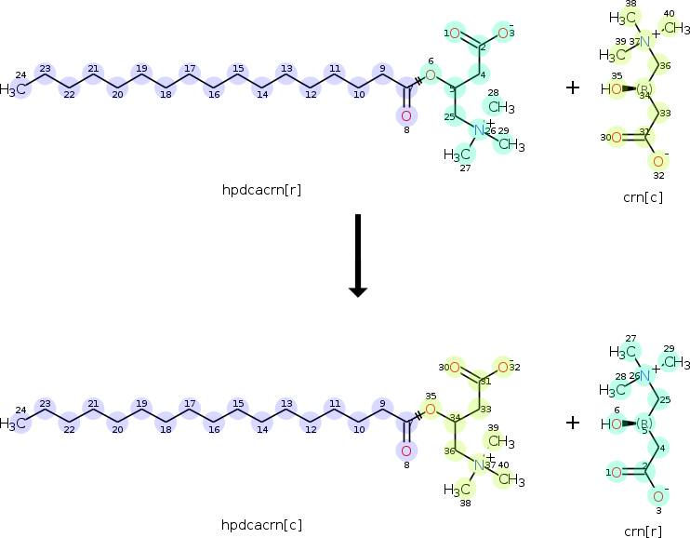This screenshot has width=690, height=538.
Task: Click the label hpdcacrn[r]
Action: click(260, 190)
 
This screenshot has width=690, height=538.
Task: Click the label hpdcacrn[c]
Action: click(260, 525)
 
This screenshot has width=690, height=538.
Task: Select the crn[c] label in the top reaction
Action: click(643, 196)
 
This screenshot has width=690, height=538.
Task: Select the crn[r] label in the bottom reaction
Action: click(643, 531)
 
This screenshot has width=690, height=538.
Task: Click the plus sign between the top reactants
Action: click(573, 87)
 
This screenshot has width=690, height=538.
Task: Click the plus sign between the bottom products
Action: click(573, 423)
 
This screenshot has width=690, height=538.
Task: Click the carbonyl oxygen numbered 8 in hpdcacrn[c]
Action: click(405, 451)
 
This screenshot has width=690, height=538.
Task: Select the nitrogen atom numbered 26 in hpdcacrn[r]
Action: click(480, 130)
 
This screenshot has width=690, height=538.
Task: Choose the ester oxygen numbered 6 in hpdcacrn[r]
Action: click(430, 74)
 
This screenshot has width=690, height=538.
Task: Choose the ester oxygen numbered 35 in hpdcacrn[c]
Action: click(430, 409)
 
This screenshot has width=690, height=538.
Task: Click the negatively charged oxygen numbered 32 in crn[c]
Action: click(658, 161)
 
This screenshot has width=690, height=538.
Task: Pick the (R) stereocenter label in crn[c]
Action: click(644, 89)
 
